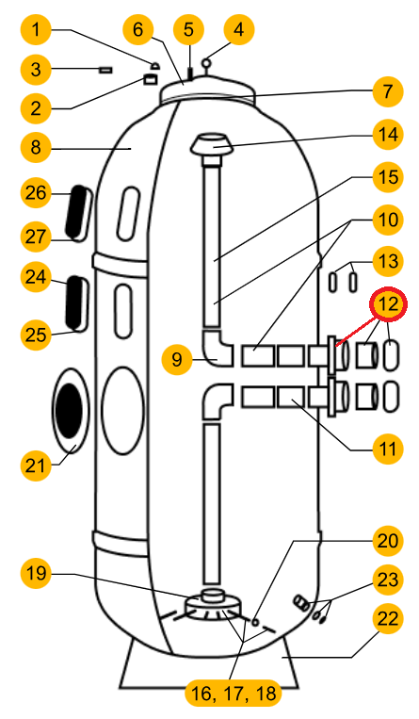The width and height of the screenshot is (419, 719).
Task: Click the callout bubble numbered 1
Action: point(36,30)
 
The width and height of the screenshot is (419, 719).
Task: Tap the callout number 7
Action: point(388,91)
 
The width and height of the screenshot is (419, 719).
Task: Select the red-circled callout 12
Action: point(388,303)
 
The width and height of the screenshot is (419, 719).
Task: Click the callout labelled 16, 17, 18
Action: point(234,694)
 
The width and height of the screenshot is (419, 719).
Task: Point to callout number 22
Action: point(388,618)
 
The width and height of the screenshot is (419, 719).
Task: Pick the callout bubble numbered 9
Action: point(177,359)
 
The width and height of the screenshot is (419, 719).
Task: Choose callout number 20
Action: point(388,540)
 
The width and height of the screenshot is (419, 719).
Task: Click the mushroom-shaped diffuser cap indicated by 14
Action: point(211,145)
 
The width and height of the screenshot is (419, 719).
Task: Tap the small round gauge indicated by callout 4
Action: point(207,62)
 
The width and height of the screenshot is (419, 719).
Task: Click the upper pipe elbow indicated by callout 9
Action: point(216,349)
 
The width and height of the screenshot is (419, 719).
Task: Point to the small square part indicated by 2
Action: point(150,79)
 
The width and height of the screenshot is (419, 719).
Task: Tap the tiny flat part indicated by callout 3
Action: point(105,70)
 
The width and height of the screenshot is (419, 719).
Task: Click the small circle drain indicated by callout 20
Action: point(255,622)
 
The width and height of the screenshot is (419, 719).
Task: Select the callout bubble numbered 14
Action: point(388,135)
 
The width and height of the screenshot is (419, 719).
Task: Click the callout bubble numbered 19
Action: point(36,573)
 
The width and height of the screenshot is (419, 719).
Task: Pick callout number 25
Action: point(36,335)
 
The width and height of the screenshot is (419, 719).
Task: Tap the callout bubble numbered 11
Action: point(388,449)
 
